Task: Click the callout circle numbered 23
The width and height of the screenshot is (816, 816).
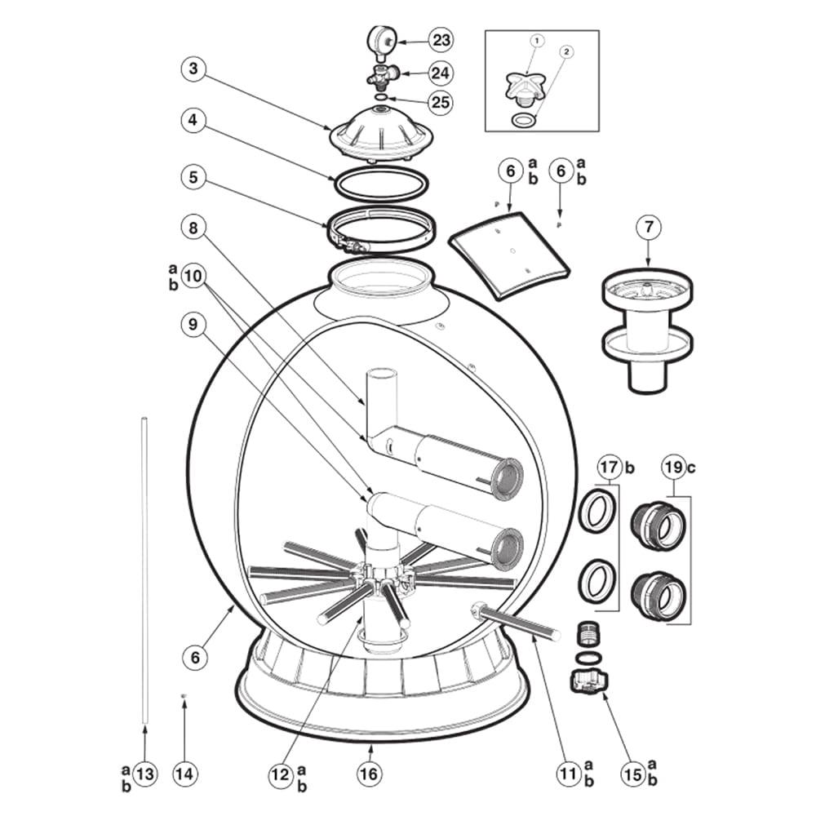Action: point(441,39)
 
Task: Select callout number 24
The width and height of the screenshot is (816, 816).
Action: point(441,73)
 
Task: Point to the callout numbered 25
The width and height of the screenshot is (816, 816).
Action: point(441,102)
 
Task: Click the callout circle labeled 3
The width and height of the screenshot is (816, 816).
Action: point(193,69)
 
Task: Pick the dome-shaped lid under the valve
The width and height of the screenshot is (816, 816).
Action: point(382,133)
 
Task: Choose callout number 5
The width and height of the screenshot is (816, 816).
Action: point(193,177)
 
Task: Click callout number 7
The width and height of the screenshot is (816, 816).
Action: point(649,227)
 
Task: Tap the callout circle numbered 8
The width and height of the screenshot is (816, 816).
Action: point(193,228)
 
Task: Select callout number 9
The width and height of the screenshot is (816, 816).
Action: point(193,324)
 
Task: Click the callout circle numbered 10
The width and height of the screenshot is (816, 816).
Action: point(193,275)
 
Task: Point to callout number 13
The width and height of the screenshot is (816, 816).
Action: point(145,774)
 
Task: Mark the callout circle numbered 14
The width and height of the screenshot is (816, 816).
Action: point(184,774)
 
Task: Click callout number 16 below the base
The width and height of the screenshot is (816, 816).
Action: point(369,774)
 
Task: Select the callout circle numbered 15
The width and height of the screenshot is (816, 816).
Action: point(633,774)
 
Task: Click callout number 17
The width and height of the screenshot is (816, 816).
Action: point(609,467)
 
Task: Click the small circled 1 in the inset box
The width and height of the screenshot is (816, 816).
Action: point(537,41)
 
